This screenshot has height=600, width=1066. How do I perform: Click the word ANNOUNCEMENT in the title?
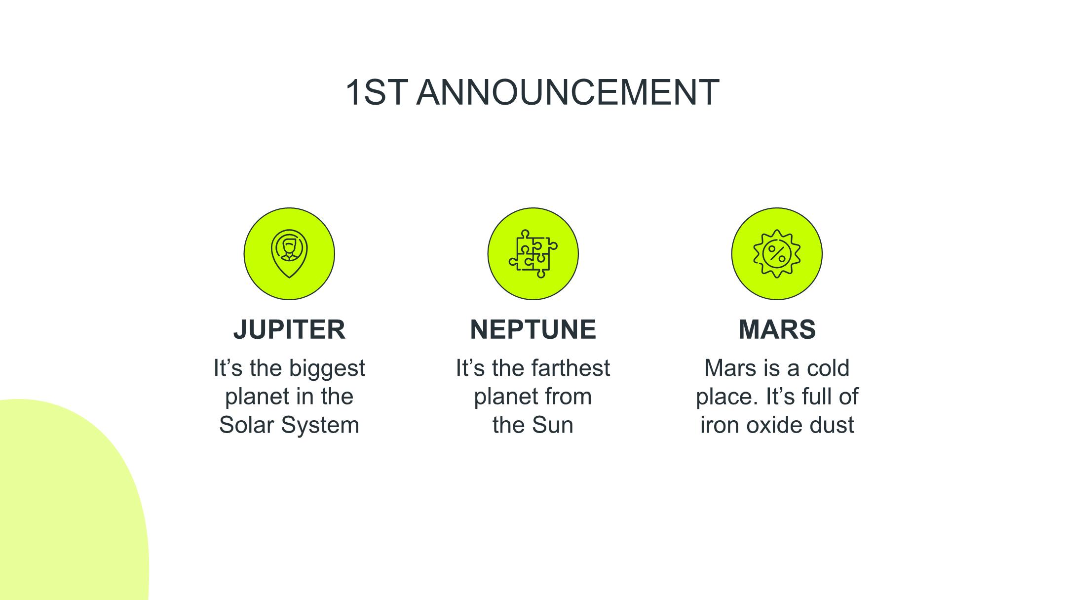(568, 92)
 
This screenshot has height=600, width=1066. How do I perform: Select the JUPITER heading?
(289, 329)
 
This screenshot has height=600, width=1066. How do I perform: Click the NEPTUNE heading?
(533, 329)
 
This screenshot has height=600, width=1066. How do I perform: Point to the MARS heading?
(777, 329)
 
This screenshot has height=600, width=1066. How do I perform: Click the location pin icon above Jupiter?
(289, 253)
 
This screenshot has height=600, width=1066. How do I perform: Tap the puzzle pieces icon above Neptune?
(533, 253)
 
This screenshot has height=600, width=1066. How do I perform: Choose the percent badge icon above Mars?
(777, 253)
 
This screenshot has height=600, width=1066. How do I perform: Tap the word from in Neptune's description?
(571, 397)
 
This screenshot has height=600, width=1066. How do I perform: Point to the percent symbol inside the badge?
(777, 254)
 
